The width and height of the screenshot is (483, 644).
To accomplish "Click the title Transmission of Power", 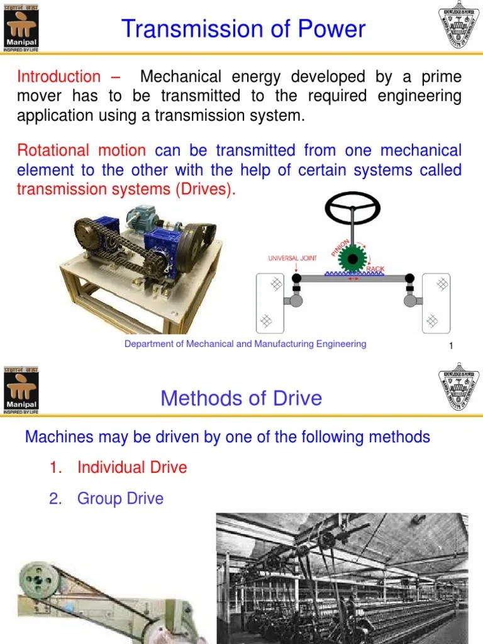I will pos(243,29).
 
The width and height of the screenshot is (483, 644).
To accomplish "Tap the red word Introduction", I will pos(58,77).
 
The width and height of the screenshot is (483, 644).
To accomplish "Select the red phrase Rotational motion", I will pos(81,150).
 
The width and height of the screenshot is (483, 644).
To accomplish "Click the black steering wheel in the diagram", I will pos(352,208).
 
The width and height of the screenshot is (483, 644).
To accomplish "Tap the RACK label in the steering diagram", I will pos(375,269).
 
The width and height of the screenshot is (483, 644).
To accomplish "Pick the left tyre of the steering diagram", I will pos(270,303).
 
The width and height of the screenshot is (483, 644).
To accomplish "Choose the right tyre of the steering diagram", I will pos(436,303).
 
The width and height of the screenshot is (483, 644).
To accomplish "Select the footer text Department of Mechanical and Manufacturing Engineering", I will pos(245,344).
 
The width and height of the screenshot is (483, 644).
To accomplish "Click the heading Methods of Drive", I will pos(241,398).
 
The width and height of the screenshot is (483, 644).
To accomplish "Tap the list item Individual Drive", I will pos(132,467).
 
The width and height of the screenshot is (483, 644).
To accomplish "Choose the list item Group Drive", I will pos(120,499).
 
